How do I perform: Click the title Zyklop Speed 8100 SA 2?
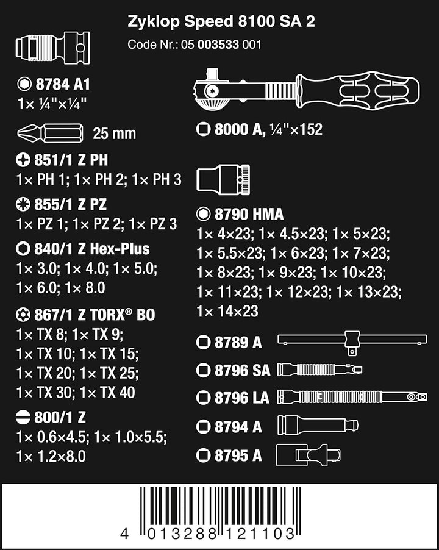pyautogui.click(x=221, y=21)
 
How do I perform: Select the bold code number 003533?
pyautogui.click(x=218, y=45)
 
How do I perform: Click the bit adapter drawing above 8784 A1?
pyautogui.click(x=53, y=48)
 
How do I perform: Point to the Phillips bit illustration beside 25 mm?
pyautogui.click(x=50, y=134)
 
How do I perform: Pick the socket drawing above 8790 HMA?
pyautogui.click(x=223, y=178)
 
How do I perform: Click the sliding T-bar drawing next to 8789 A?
pyautogui.click(x=352, y=342)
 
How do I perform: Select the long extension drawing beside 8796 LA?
pyautogui.click(x=352, y=397)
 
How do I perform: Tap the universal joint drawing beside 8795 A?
pyautogui.click(x=308, y=455)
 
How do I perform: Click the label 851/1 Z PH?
pyautogui.click(x=71, y=160)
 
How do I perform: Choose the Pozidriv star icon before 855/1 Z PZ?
pyautogui.click(x=23, y=204)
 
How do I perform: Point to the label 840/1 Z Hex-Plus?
pyautogui.click(x=92, y=249)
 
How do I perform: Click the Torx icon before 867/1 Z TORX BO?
pyautogui.click(x=23, y=314)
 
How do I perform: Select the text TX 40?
pyautogui.click(x=117, y=393)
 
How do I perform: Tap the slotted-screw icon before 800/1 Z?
pyautogui.click(x=23, y=418)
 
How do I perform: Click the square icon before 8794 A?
pyautogui.click(x=204, y=427)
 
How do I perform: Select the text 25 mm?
pyautogui.click(x=114, y=134)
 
